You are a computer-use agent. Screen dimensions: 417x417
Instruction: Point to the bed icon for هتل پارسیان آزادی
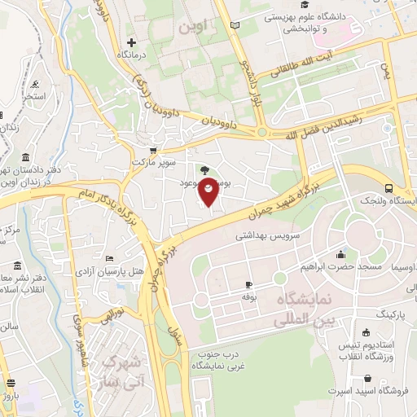[x=110, y=259]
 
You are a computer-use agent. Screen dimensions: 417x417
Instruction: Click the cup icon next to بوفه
[x=248, y=284]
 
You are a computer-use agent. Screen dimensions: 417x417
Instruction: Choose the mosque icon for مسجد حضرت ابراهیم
[x=339, y=253]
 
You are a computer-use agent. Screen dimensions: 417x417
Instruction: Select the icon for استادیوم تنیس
[x=366, y=331]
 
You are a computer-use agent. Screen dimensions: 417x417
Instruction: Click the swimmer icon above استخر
[x=35, y=84]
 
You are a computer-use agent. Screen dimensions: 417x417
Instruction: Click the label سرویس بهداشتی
[x=264, y=234]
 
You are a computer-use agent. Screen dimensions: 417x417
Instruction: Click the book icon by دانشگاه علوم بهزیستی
[x=235, y=27]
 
